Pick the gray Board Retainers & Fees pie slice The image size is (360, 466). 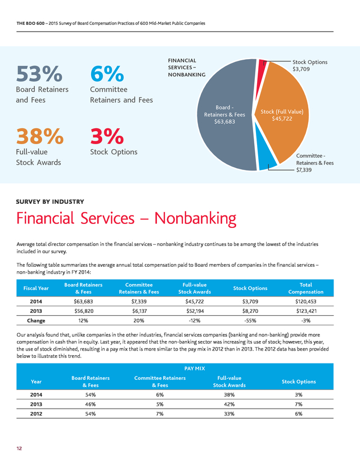pos(226,114)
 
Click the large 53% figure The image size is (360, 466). pos(39,74)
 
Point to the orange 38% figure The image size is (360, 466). pos(39,136)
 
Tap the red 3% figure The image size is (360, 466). pos(107,136)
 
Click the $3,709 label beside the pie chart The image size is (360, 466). pos(301,69)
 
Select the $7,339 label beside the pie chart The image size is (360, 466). pos(304,170)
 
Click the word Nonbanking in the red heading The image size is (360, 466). pos(195,218)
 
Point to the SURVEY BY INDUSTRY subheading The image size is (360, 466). pos(50,201)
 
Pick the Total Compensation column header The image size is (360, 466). pos(305,288)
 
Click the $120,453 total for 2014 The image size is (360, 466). pos(305,301)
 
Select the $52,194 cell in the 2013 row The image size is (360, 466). pos(195,311)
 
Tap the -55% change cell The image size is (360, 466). pos(250,321)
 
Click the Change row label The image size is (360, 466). pos(36,321)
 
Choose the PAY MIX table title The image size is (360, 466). pos(195,369)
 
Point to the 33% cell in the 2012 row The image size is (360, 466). pos(229,414)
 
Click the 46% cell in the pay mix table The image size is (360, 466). pos(91,404)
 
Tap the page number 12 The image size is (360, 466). pos(19,449)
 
